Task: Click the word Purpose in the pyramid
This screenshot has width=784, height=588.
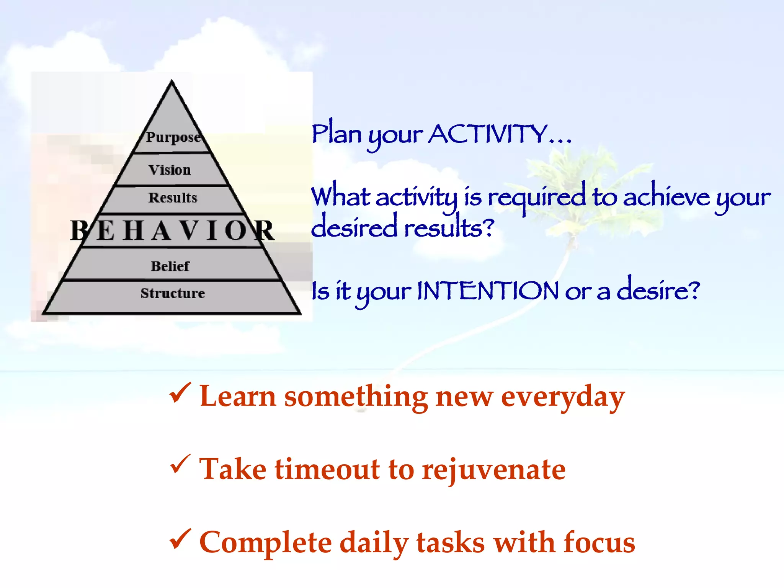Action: click(173, 137)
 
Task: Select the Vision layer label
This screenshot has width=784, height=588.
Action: click(170, 170)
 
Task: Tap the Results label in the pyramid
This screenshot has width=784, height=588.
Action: click(173, 198)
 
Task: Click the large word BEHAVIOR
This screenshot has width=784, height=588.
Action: click(172, 231)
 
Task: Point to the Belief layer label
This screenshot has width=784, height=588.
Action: click(170, 266)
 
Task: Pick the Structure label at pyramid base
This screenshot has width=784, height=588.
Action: click(173, 293)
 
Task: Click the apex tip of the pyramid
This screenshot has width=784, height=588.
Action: click(171, 82)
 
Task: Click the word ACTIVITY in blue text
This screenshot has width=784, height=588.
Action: click(488, 134)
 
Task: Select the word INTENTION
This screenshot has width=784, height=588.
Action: click(488, 291)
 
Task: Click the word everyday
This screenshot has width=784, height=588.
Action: click(563, 397)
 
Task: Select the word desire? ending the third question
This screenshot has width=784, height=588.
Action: click(658, 290)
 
